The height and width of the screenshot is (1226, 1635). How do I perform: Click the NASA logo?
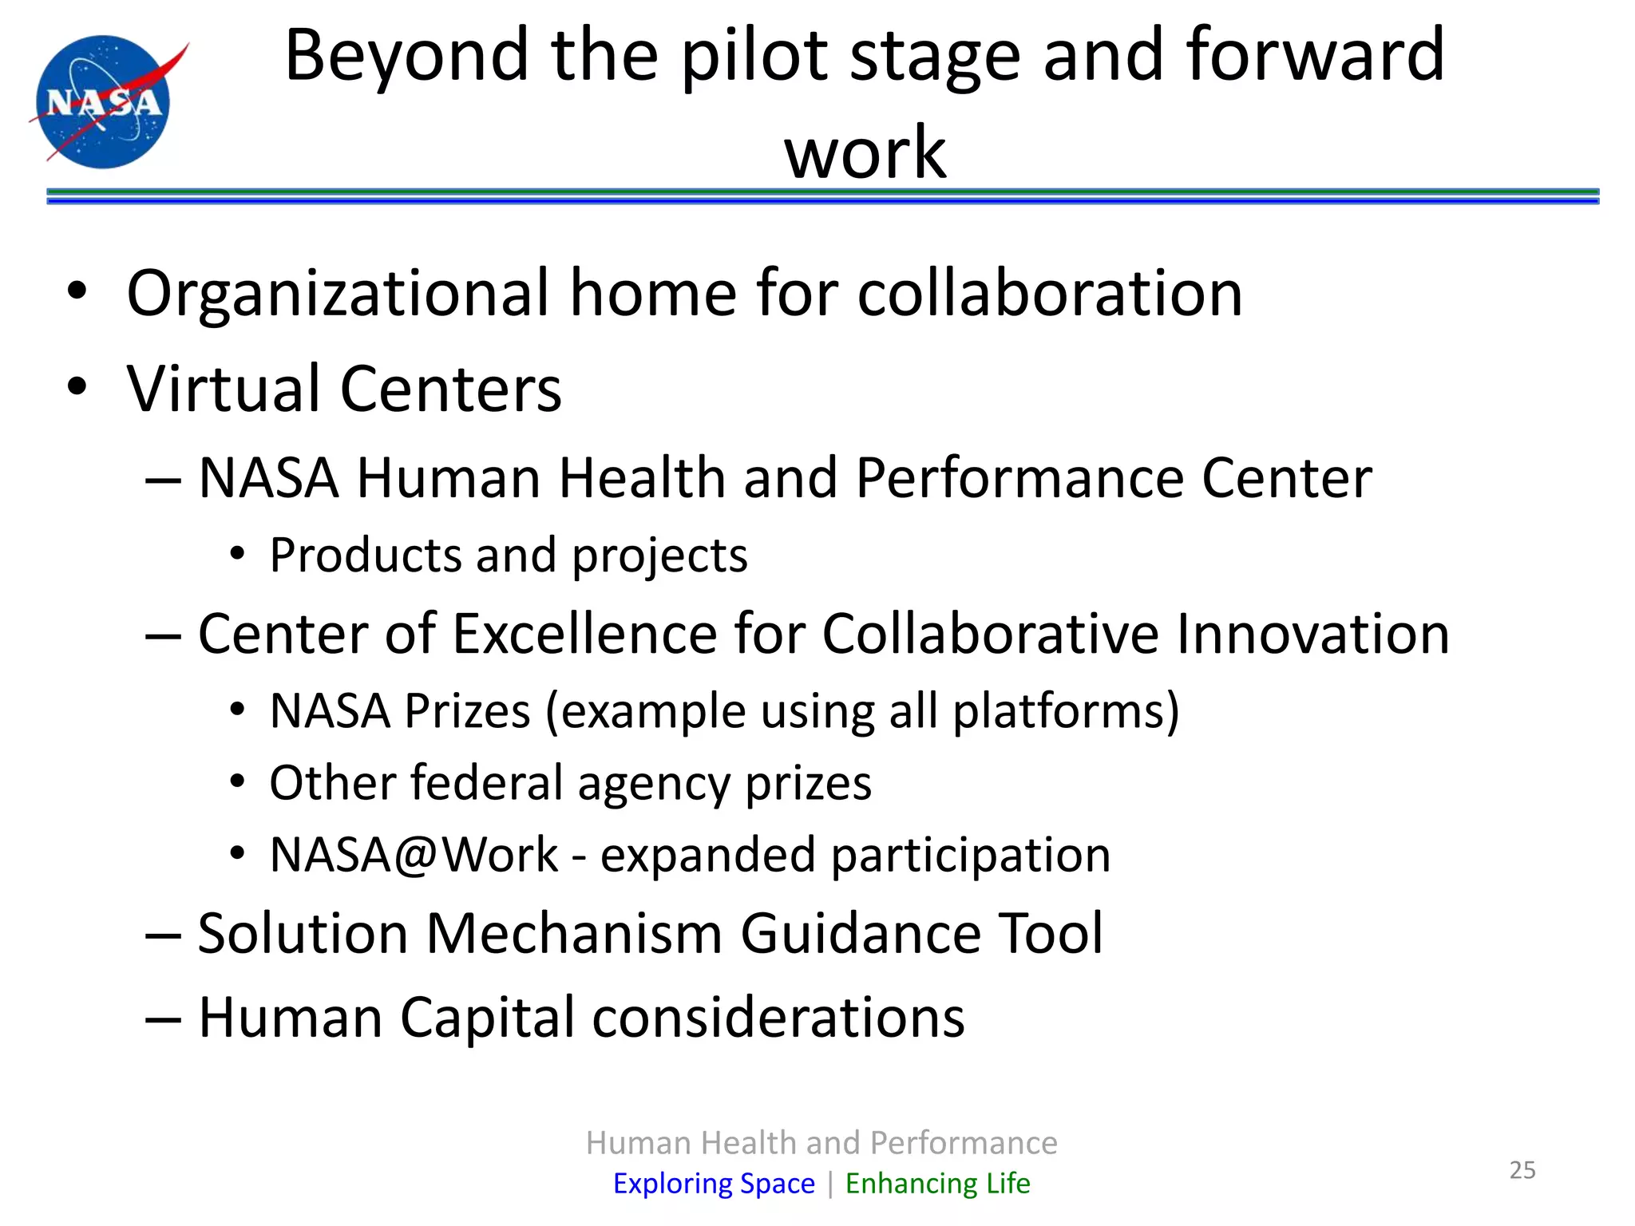[x=104, y=101]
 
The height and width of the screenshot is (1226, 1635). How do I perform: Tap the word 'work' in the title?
[x=865, y=153]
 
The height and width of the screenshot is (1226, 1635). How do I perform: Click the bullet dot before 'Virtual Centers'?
[x=77, y=388]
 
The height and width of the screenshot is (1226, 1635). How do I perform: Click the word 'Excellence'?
[x=586, y=634]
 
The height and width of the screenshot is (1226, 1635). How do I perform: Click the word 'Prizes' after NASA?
[x=467, y=710]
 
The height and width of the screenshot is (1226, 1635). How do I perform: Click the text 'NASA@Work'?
[x=414, y=855]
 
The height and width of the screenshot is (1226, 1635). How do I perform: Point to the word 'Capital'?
[x=487, y=1018]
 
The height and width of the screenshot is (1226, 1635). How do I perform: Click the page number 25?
[x=1522, y=1170]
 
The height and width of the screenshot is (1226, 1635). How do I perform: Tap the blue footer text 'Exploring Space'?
[x=714, y=1183]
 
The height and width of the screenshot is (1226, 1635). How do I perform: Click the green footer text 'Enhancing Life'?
[x=937, y=1183]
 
